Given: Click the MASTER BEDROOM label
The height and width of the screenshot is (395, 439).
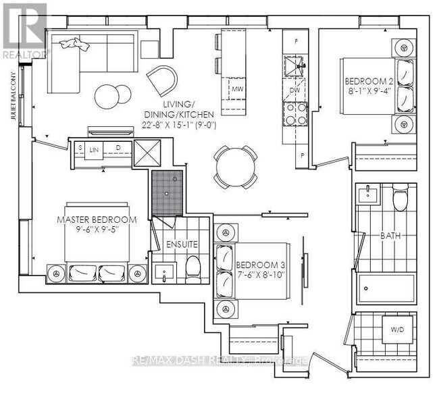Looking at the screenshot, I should pyautogui.click(x=97, y=220).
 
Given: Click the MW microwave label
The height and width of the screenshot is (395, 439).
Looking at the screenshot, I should pyautogui.click(x=237, y=89).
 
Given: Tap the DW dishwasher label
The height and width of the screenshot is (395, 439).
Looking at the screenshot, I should pyautogui.click(x=294, y=89).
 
